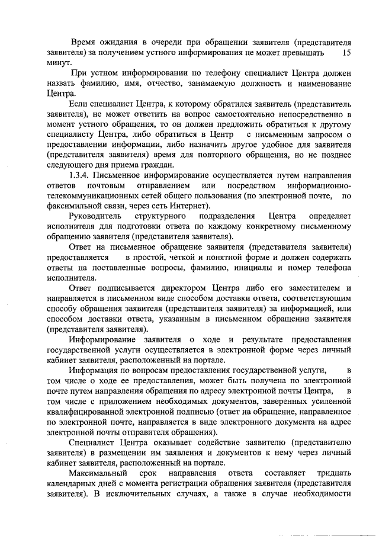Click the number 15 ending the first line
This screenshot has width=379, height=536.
point(348,53)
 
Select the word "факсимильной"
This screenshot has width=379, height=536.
point(74,206)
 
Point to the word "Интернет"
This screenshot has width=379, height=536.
point(187,206)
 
